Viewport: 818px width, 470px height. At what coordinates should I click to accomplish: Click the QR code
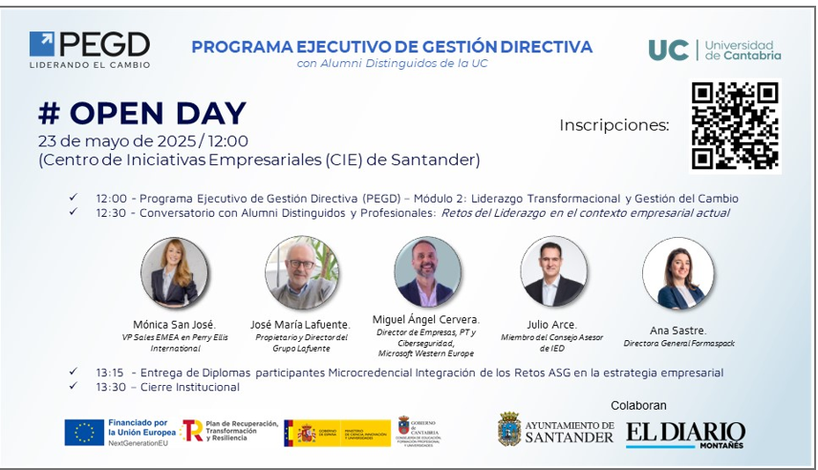coord(735,125)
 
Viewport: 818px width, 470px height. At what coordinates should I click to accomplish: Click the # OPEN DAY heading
coord(142,113)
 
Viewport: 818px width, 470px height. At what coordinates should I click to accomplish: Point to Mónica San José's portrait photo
coord(174,272)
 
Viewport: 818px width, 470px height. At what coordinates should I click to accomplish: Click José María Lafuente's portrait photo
coord(302,272)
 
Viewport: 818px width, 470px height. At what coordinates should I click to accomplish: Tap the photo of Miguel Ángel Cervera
coord(426,272)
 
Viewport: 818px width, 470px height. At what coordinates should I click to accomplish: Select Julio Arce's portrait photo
coord(553,272)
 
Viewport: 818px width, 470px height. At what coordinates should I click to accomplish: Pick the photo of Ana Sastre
coord(678,272)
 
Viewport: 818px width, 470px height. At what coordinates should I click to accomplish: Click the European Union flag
coord(84,432)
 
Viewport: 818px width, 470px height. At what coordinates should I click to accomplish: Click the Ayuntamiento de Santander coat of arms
coord(509,430)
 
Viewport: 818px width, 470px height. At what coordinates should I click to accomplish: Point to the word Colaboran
coord(638,405)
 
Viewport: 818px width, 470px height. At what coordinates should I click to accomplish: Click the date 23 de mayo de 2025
coord(118,140)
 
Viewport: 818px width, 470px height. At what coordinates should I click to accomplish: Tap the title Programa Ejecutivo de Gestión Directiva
coord(392,46)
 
